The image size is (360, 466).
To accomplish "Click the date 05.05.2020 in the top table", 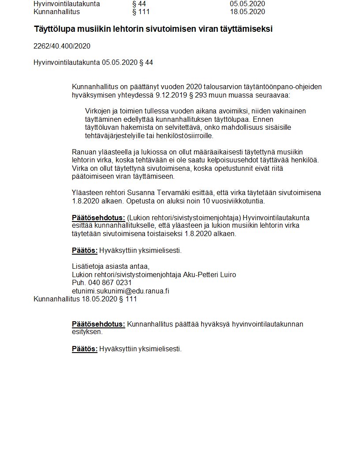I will click(x=247, y=4).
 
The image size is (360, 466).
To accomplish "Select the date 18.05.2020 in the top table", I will click(x=247, y=11).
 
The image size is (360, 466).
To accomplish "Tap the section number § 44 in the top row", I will click(x=139, y=4).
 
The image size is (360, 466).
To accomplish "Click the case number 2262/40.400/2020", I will click(x=62, y=46).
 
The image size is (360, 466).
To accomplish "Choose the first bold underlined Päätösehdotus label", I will click(x=98, y=218).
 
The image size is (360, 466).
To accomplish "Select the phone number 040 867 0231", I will click(x=108, y=283).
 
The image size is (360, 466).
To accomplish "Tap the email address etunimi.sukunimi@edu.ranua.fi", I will click(x=120, y=291).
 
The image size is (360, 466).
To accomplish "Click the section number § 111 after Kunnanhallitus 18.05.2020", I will click(x=128, y=299).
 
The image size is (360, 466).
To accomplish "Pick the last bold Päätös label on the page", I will click(x=84, y=349).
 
